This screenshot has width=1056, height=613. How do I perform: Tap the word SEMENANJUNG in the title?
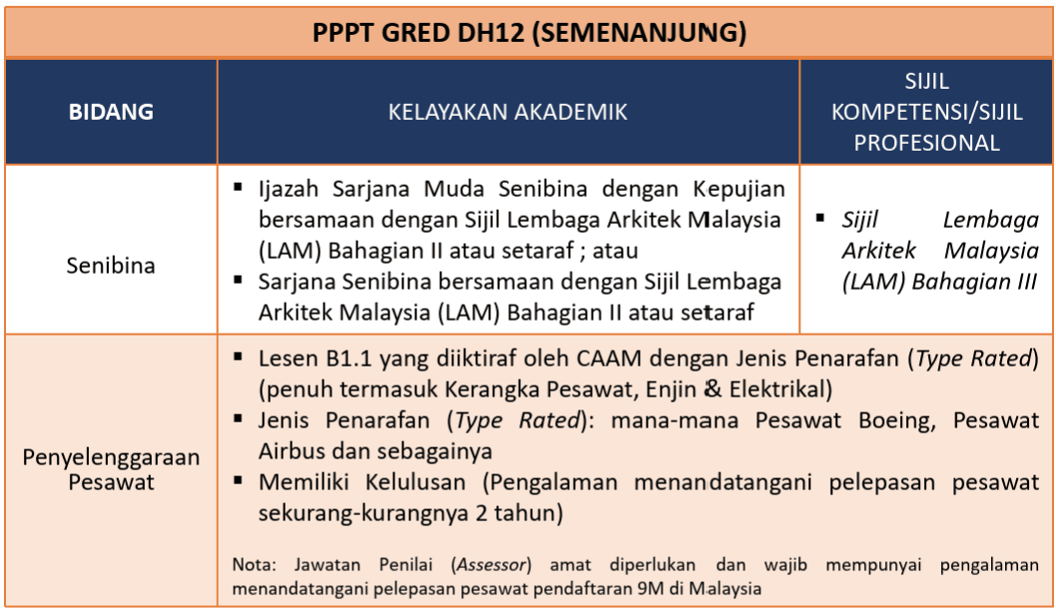[639, 32]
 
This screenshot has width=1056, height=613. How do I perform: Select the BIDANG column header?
[111, 111]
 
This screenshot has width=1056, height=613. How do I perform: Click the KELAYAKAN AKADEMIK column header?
[508, 111]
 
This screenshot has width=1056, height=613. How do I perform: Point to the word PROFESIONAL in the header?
[926, 142]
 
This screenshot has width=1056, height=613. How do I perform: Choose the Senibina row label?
[111, 266]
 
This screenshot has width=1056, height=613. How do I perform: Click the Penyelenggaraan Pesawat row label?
[111, 469]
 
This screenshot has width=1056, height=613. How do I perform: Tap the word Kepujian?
[739, 190]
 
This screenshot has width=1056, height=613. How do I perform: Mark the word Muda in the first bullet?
[454, 189]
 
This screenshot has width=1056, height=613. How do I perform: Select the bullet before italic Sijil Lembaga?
[820, 218]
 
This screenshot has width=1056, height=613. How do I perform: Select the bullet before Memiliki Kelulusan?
[238, 480]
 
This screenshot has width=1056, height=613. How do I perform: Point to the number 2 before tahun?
[481, 513]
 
